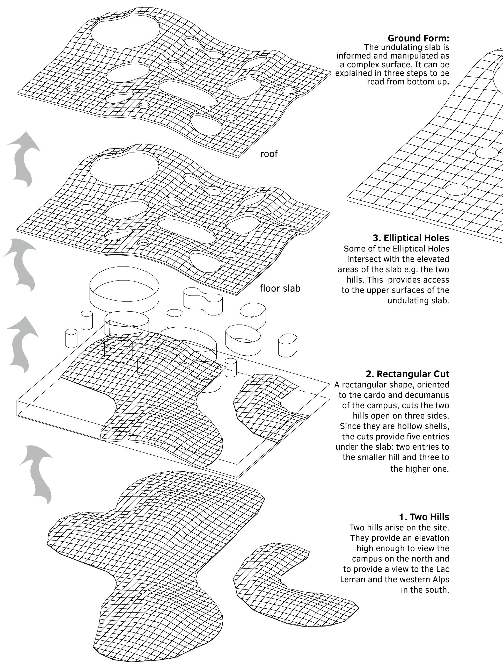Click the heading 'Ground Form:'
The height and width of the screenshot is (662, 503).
418,38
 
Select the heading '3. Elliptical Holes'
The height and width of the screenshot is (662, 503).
411,238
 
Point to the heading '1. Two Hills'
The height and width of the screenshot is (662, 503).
424,517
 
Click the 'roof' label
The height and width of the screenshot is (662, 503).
269,154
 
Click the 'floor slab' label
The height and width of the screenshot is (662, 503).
280,288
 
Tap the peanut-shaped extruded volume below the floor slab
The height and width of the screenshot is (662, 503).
203,301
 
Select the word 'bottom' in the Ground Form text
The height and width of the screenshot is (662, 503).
419,82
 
